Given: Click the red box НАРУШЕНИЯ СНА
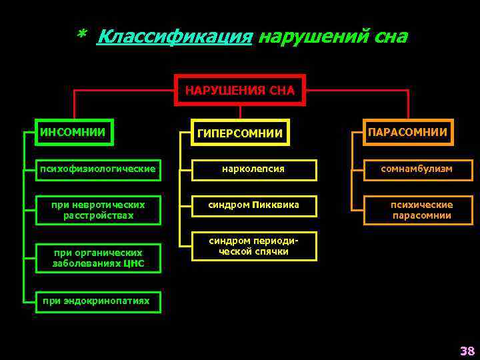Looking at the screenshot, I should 239,90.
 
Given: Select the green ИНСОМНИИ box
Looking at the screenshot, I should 75,132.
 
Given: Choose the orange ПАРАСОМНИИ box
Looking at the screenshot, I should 408,132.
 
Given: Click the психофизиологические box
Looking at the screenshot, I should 98,169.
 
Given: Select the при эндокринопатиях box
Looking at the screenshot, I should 96,301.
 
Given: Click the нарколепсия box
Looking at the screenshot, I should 253,169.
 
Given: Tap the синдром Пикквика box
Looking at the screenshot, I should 253,205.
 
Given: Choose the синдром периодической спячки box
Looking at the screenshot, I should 253,247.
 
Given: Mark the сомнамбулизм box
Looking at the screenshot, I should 417,169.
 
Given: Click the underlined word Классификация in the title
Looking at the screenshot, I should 175,37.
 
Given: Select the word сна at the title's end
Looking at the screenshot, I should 390,37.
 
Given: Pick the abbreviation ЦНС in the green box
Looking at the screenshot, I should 132,264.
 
